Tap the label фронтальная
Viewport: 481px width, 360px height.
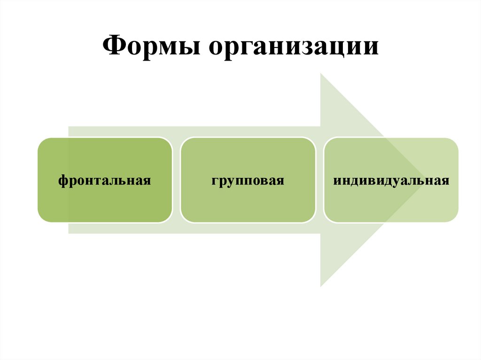[x=104, y=180]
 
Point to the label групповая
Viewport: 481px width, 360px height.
[x=248, y=180]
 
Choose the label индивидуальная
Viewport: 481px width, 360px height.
[x=391, y=180]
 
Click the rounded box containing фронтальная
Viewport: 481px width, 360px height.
[x=104, y=202]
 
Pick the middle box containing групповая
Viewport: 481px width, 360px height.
[x=248, y=202]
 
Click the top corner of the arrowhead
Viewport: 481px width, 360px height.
[x=321, y=74]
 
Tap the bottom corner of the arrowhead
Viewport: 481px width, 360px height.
[x=321, y=286]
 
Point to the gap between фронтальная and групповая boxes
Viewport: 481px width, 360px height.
[x=176, y=180]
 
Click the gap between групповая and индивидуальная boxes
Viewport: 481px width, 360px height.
[x=319, y=180]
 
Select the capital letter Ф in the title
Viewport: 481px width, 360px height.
[x=112, y=47]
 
